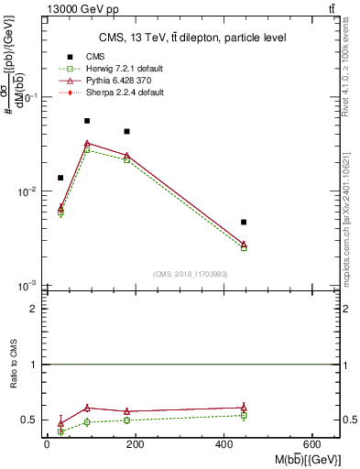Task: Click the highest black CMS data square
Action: (x=87, y=121)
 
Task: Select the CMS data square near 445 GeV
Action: (x=244, y=222)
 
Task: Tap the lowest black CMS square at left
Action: (x=60, y=178)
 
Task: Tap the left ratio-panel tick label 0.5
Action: (x=30, y=420)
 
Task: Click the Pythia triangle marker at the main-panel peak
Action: (x=87, y=143)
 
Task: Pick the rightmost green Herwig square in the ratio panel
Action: (x=244, y=416)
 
